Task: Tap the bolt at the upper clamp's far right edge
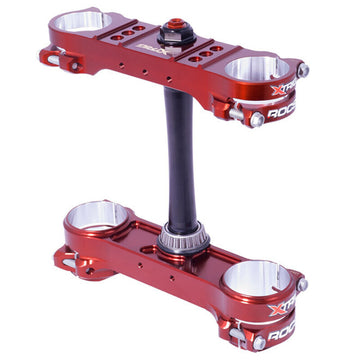302,70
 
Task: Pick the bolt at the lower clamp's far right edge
303,285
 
